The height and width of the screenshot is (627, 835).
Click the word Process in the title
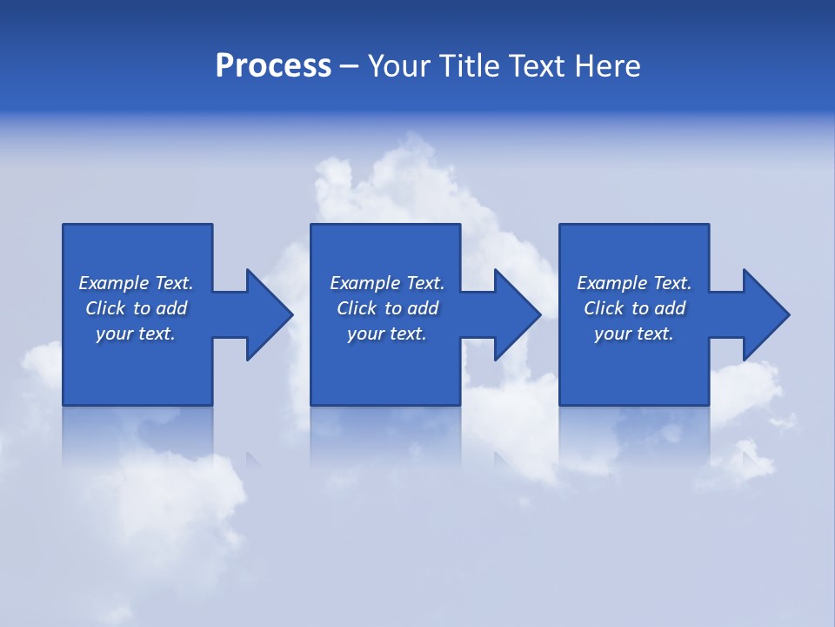click(x=273, y=66)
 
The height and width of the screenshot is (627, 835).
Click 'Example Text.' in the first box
click(x=136, y=283)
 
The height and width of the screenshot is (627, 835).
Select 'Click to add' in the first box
click(x=136, y=308)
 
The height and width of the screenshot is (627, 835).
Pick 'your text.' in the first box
click(x=136, y=334)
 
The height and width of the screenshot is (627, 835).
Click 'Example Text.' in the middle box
click(x=387, y=283)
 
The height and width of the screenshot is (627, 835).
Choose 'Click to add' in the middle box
click(x=387, y=308)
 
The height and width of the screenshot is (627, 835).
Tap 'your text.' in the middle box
click(x=387, y=334)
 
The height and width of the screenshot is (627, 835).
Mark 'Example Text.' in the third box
click(x=634, y=283)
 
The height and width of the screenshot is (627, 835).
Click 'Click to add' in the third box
click(x=634, y=308)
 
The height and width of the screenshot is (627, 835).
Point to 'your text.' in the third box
click(x=634, y=334)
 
